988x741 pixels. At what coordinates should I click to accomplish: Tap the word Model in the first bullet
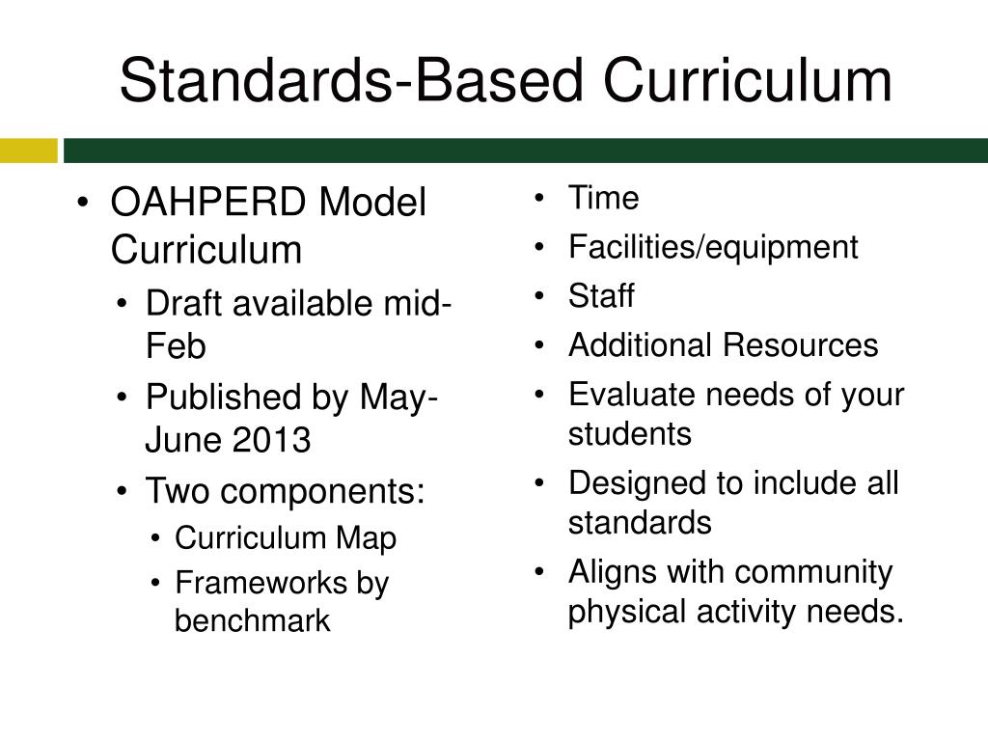(x=372, y=204)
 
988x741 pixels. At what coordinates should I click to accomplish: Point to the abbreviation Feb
(x=175, y=346)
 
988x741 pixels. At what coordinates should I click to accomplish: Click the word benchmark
(x=253, y=621)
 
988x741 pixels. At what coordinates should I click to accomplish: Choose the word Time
(x=603, y=199)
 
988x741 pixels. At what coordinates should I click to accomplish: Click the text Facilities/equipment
(x=713, y=247)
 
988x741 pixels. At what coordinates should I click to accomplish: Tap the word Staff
(x=601, y=295)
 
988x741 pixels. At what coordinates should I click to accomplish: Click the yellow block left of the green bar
(x=29, y=151)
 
